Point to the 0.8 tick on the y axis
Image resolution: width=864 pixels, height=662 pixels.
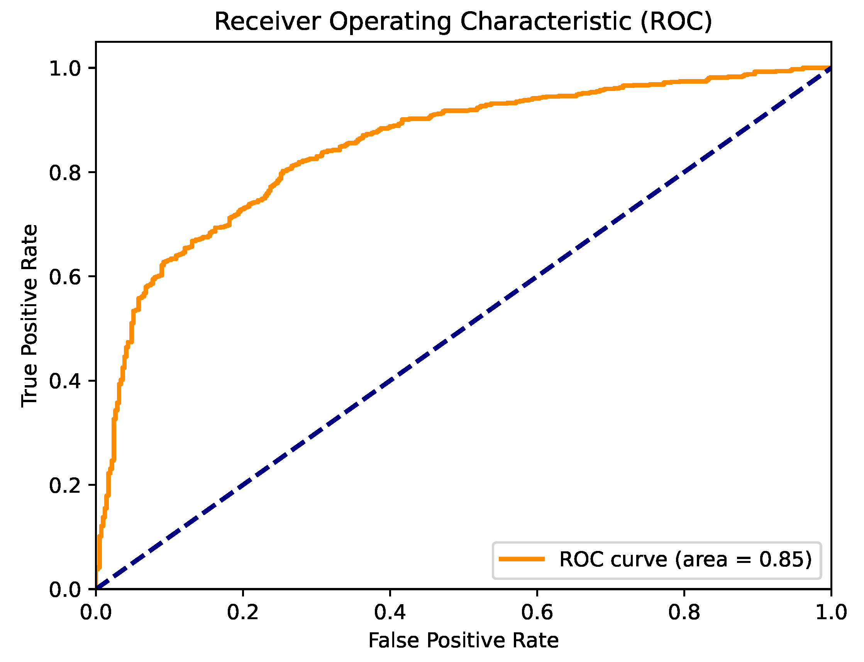(64, 173)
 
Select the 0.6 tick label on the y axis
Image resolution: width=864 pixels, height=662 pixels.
(64, 277)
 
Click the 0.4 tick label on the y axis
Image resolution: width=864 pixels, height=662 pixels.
(64, 381)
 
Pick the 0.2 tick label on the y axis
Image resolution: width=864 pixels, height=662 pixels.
(64, 485)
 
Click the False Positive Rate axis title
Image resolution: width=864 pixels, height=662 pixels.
(463, 640)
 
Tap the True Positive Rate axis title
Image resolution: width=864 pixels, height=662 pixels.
(30, 315)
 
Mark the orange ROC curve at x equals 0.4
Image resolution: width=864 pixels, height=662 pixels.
(390, 127)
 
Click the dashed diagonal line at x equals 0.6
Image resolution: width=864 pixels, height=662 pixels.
(537, 276)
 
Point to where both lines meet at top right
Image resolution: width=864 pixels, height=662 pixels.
(830, 68)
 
